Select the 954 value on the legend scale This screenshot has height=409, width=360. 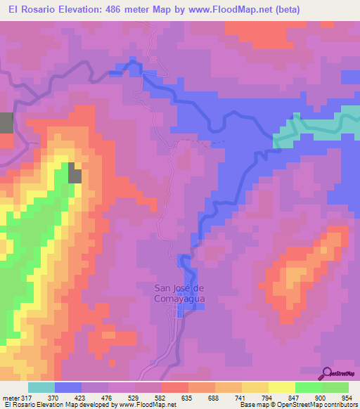[342, 398]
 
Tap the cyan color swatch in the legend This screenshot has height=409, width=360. [41, 387]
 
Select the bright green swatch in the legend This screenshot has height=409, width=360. [308, 387]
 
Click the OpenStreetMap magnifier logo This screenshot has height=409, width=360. [326, 373]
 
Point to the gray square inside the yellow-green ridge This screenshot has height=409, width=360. [74, 173]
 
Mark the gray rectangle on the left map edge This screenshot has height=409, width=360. [6, 122]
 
